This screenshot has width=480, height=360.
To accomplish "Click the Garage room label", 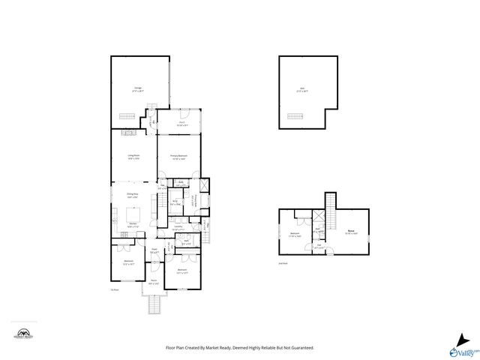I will pyautogui.click(x=139, y=89).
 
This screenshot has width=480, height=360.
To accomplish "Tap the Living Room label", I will pyautogui.click(x=134, y=157).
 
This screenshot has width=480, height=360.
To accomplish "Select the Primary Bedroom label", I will pyautogui.click(x=178, y=156).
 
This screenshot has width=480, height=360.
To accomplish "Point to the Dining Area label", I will pyautogui.click(x=131, y=196).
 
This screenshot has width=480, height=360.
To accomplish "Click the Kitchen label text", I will pyautogui.click(x=132, y=224).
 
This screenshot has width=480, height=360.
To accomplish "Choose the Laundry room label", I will pyautogui.click(x=178, y=227).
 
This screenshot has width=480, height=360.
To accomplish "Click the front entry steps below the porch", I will pyautogui.click(x=156, y=306).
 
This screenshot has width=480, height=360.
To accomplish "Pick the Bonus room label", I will pyautogui.click(x=350, y=232).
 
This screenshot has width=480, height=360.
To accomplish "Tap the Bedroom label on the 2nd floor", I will pyautogui.click(x=295, y=234).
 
